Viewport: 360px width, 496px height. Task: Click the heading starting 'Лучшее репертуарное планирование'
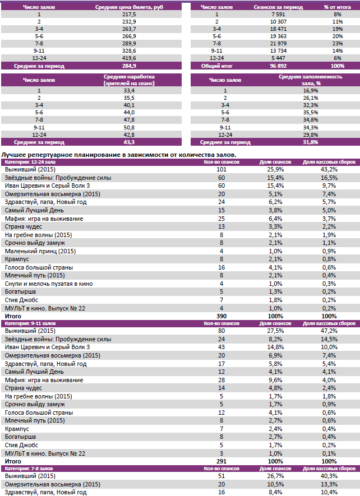119,154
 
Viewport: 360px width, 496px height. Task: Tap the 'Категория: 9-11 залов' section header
31,324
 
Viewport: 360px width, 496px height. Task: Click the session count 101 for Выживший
221,169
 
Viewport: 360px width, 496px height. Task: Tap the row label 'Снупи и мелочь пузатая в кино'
49,284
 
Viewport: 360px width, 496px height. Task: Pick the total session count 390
221,317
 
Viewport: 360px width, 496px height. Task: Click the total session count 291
221,461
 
